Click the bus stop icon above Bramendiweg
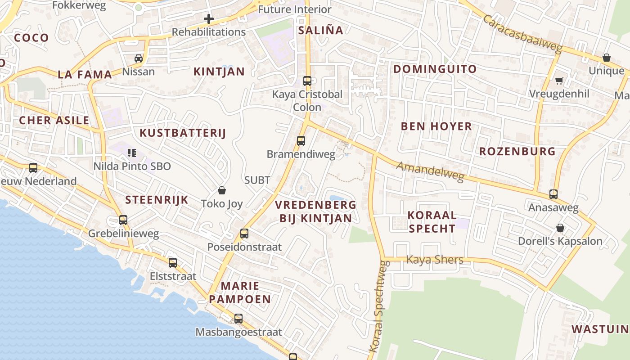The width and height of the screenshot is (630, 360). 301,140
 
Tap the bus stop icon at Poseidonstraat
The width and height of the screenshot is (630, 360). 244,233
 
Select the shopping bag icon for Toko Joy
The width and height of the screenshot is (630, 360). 221,190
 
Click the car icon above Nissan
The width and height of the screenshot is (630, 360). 139,58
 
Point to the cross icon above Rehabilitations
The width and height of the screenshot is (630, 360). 208,19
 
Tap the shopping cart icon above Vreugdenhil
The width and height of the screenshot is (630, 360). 559,81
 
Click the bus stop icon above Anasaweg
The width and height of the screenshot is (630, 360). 553,194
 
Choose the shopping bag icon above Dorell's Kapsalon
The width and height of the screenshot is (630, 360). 560,228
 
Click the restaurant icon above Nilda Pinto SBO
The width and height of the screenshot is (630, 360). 131,153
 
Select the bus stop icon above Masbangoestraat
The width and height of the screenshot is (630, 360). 238,319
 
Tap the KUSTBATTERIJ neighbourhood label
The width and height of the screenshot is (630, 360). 183,133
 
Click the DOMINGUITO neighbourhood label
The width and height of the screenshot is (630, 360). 435,69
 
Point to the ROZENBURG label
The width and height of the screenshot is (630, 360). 517,151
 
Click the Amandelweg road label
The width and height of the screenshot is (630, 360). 430,172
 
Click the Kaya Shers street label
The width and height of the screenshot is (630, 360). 435,260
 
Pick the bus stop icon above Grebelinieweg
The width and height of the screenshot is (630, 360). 123,220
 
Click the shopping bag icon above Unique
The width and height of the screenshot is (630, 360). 607,58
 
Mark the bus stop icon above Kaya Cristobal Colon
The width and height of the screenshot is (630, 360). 307,81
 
